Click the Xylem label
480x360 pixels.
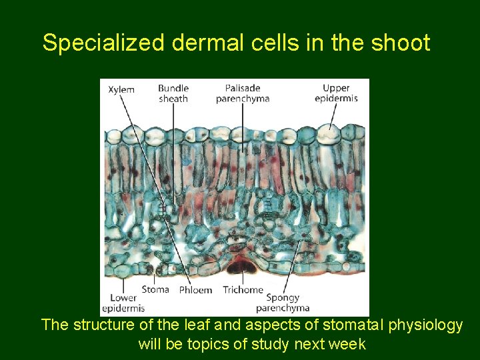coord(121,90)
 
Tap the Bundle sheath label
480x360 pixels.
coord(173,93)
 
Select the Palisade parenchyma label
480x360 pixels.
coord(243,93)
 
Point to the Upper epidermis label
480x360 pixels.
coord(336,93)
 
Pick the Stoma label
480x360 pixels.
coord(155,289)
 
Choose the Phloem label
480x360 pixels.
coord(195,290)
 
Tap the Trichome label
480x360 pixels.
coord(243,290)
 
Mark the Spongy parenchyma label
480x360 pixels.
coord(283,303)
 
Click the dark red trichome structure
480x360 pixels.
coord(242,266)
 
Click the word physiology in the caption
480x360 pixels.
coord(427,326)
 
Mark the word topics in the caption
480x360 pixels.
coord(203,345)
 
